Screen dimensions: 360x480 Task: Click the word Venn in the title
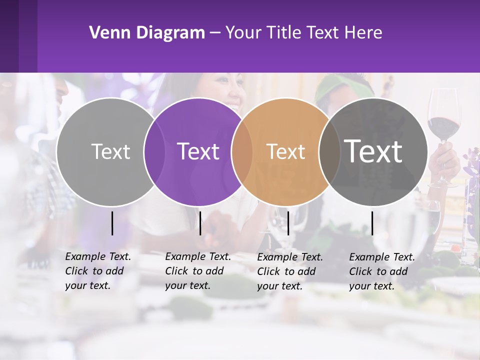(108, 33)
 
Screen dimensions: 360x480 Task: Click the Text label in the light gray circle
(110, 151)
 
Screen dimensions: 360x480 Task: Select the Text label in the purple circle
(198, 151)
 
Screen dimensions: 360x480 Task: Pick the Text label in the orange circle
(285, 151)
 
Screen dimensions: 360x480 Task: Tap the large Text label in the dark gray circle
(373, 151)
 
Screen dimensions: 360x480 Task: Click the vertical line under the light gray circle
(112, 223)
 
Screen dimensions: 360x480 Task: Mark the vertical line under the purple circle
(200, 223)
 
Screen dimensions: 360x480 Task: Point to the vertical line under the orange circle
(288, 223)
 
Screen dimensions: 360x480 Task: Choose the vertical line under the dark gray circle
(372, 223)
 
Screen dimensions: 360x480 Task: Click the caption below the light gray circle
(98, 271)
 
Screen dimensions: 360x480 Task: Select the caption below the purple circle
(198, 271)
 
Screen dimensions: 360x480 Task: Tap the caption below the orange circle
(290, 271)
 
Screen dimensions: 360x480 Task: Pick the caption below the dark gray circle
(382, 271)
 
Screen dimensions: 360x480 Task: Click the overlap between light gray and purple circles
(154, 151)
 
